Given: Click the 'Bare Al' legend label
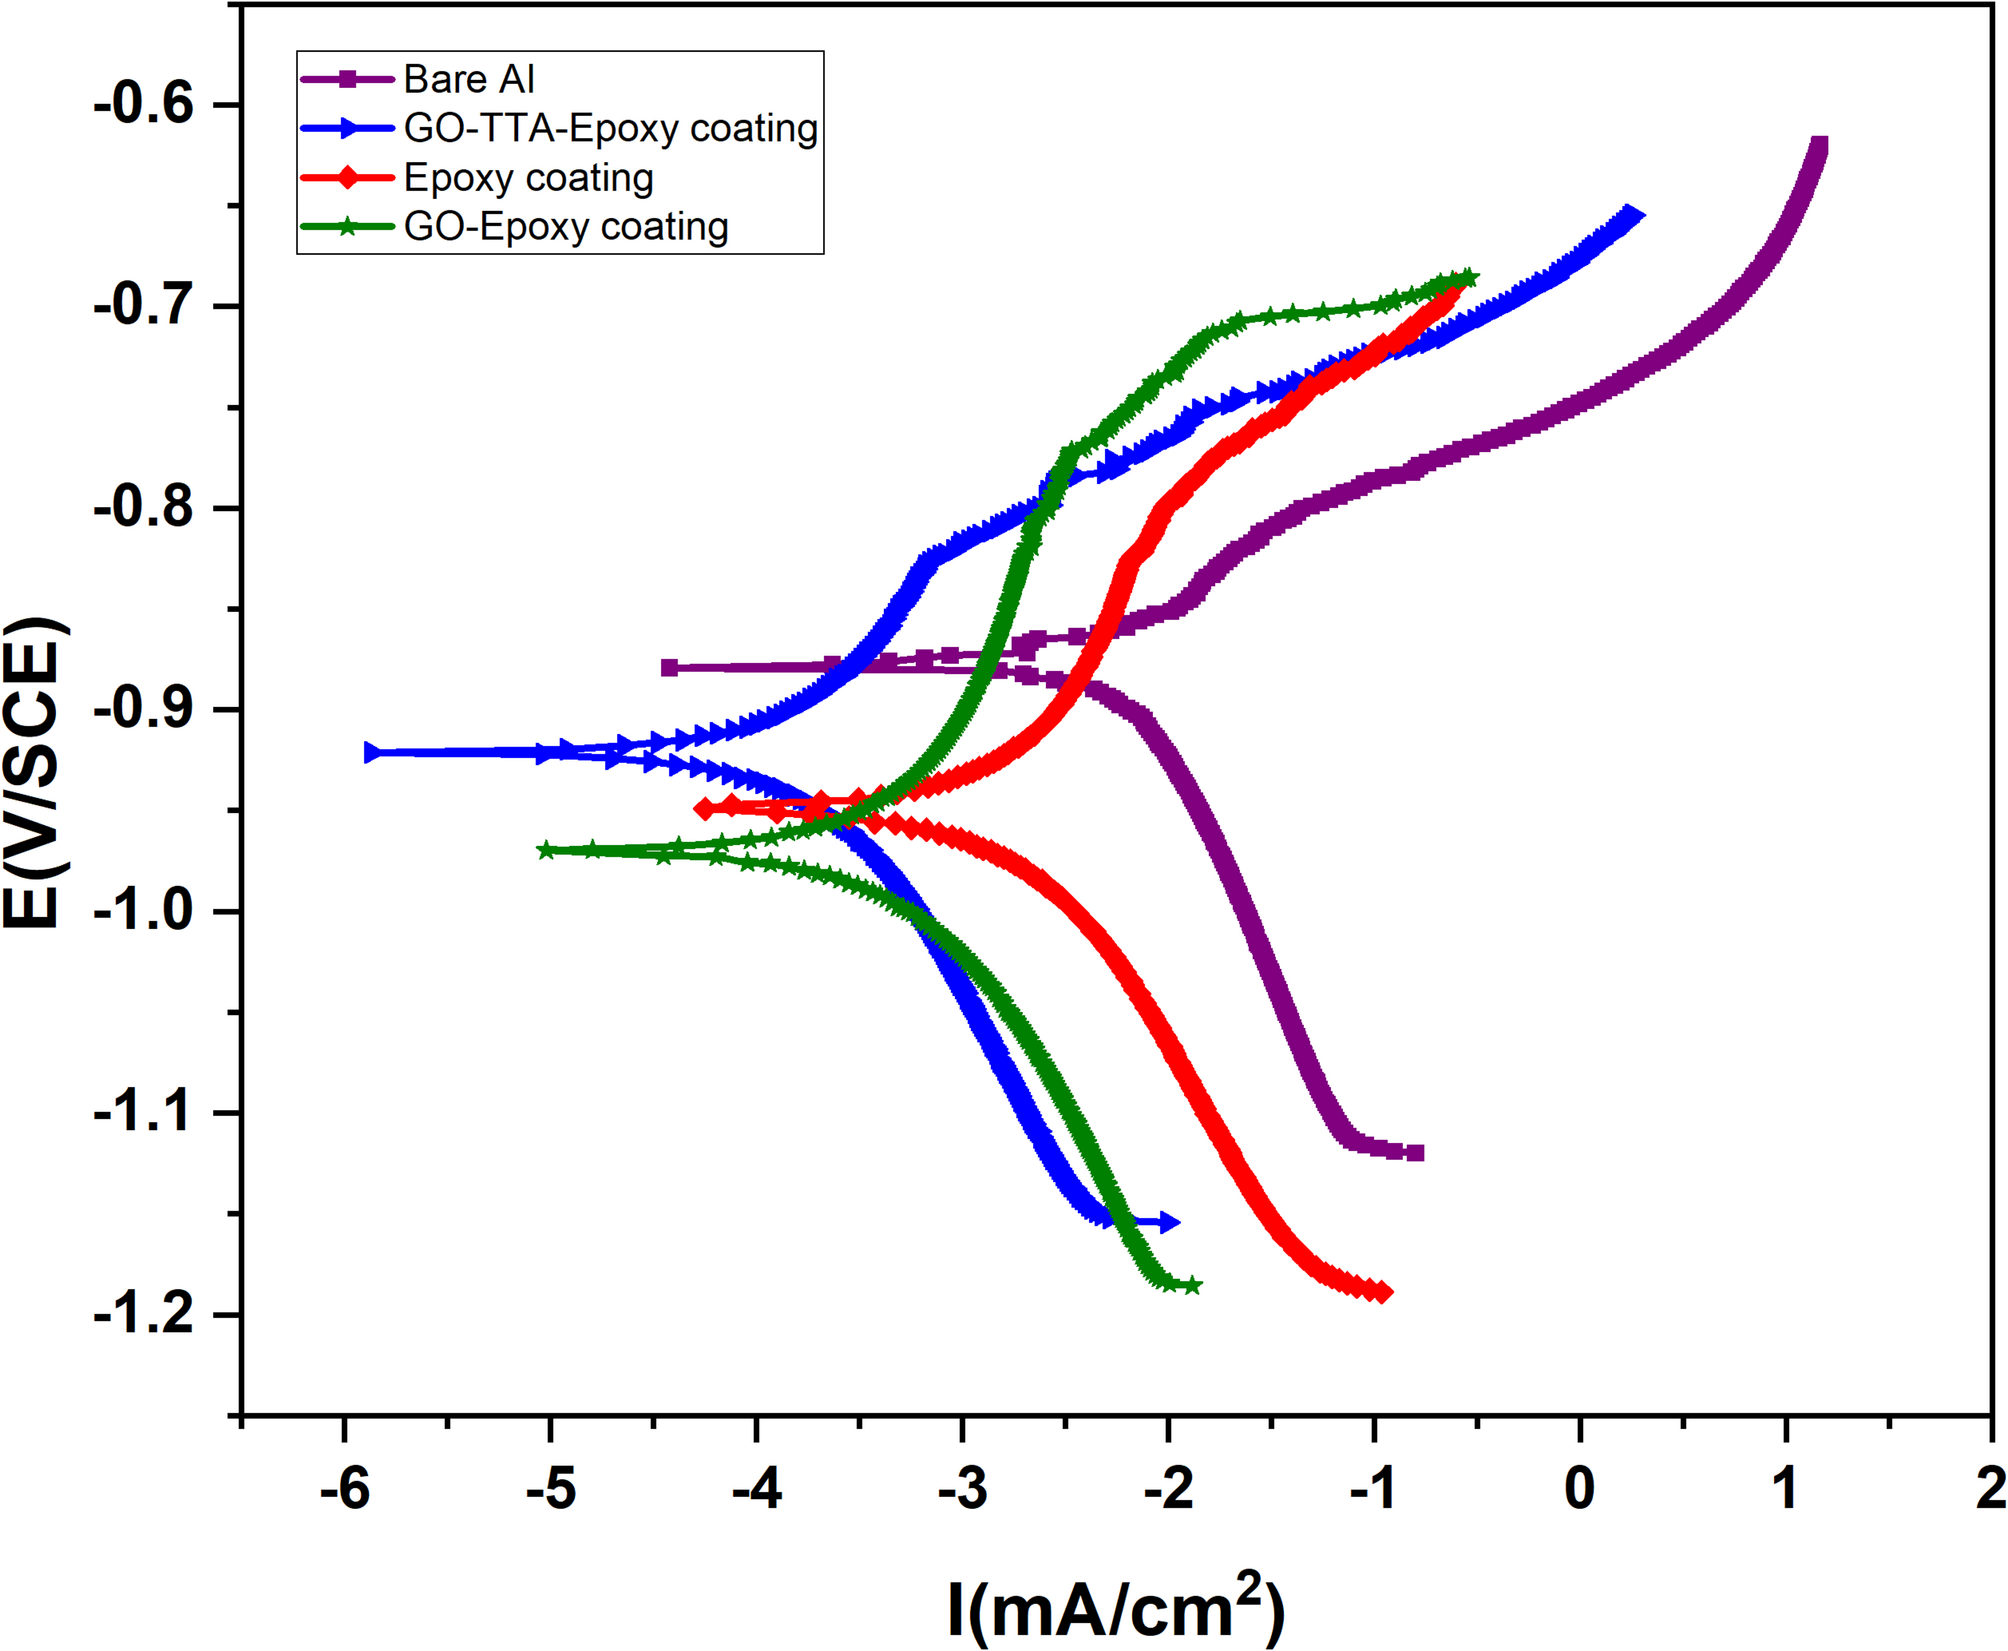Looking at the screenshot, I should (x=469, y=79).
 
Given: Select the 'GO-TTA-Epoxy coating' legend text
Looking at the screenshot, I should (x=611, y=128).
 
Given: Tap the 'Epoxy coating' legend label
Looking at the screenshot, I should (x=528, y=178).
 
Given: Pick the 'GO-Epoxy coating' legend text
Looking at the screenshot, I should (x=566, y=227).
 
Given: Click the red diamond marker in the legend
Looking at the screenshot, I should (x=347, y=178).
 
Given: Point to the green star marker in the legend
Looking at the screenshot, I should (x=347, y=227).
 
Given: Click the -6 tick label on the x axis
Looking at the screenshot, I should (x=345, y=1490).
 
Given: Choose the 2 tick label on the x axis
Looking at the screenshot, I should (x=1990, y=1490).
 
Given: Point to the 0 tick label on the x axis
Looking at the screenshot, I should (x=1579, y=1490).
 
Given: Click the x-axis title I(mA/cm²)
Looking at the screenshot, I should (x=1115, y=1608).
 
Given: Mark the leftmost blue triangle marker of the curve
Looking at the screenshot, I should (x=372, y=752).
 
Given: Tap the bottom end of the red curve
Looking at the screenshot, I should (x=1382, y=1293).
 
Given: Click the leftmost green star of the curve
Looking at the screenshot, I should (x=546, y=850).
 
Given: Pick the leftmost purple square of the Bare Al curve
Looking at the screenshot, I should (x=670, y=668).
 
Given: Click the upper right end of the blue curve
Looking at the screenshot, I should (x=1632, y=215).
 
